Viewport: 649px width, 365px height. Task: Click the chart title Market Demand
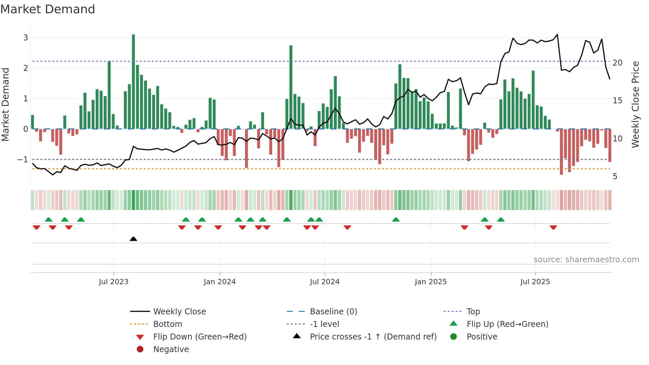tap(48, 9)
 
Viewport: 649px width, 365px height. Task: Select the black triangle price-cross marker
tap(133, 239)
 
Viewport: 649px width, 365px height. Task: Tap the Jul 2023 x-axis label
tap(114, 282)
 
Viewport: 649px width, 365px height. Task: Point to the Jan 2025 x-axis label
tap(430, 282)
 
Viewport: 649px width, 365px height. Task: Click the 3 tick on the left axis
tap(25, 38)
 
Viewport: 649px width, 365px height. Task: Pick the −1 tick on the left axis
tap(23, 160)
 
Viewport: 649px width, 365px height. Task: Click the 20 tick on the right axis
tap(617, 63)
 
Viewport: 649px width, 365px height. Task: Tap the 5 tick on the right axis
tap(615, 177)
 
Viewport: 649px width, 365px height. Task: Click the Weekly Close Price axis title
tap(635, 104)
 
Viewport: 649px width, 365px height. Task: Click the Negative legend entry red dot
tap(140, 349)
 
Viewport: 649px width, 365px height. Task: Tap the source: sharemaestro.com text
tap(586, 260)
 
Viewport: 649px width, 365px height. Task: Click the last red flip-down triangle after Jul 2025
tap(553, 227)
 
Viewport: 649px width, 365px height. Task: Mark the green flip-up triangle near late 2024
tap(396, 220)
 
